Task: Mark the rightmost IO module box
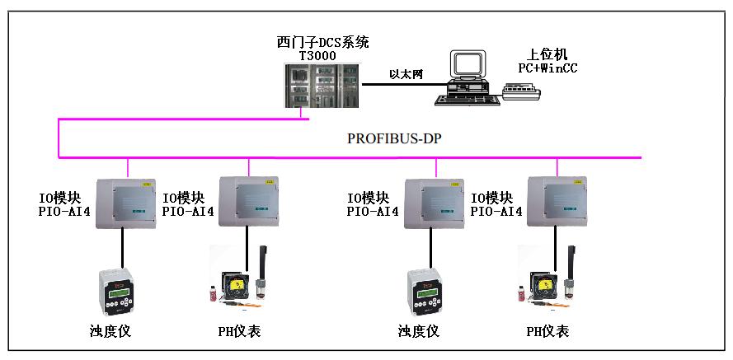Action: tap(557, 201)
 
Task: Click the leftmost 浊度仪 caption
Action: tap(110, 332)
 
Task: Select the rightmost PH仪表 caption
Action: tap(547, 332)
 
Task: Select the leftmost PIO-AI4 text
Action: tap(65, 212)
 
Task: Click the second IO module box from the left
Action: tap(247, 201)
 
